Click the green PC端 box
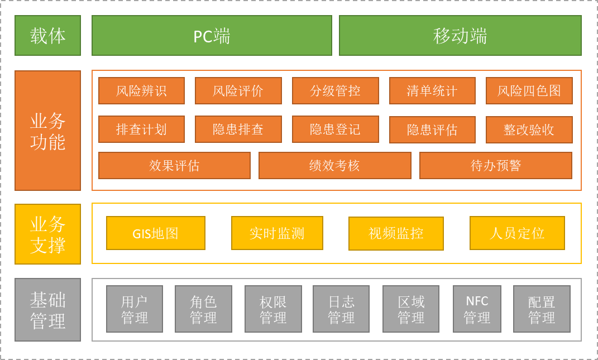[212, 36]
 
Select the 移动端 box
[460, 36]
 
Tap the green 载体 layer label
[47, 36]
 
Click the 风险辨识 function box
[141, 90]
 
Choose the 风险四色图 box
[529, 90]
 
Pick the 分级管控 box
[335, 90]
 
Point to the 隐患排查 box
[238, 129]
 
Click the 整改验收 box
[529, 129]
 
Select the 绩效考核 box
[334, 165]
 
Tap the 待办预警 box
[495, 165]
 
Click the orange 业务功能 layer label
[47, 131]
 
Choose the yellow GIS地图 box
[156, 233]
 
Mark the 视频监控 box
[396, 233]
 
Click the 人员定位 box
[517, 233]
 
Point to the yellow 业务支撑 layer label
[47, 234]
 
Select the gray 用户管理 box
[135, 309]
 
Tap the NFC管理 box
[477, 309]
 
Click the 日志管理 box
[341, 309]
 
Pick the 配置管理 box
[542, 309]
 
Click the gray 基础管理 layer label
[47, 309]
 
